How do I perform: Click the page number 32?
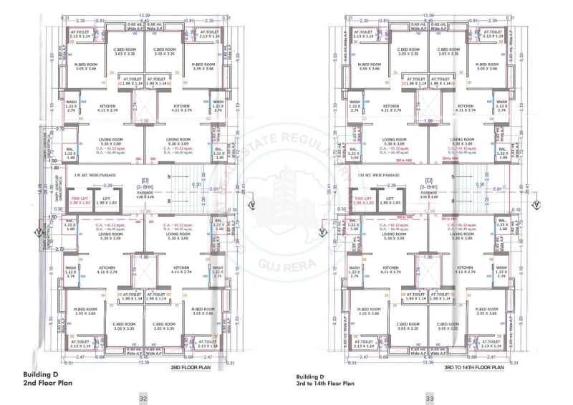click(x=143, y=398)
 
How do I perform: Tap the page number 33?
click(x=430, y=398)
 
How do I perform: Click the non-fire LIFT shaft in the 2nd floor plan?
click(x=107, y=202)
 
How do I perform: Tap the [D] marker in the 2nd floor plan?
click(x=144, y=181)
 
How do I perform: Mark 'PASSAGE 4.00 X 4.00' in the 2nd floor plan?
click(x=144, y=195)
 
